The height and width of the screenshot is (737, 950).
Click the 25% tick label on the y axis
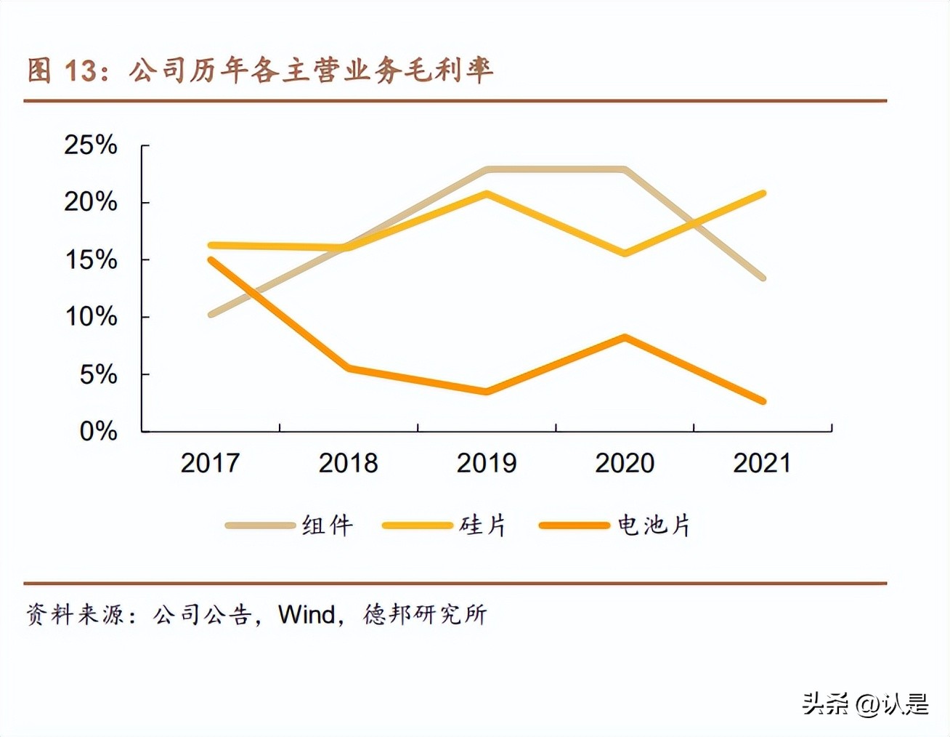91,145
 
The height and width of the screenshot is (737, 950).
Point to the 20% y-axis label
91,202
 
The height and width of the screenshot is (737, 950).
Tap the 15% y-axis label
91,259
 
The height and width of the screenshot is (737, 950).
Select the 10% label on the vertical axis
91,317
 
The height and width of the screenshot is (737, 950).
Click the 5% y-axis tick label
98,374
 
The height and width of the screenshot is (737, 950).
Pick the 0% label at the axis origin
98,431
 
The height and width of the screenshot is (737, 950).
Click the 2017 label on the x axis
210,463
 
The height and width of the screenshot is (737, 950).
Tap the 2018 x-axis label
348,463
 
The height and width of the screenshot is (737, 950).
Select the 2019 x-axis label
486,463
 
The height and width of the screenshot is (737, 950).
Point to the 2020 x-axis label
625,463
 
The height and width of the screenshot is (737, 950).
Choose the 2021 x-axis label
762,463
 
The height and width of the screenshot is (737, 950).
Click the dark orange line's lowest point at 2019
486,392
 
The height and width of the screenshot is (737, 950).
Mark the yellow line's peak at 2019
486,193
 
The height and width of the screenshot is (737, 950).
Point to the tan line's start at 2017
211,314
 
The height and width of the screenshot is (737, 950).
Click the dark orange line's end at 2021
762,400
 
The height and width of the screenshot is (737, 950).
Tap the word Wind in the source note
306,615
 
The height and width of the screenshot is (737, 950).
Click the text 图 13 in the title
62,71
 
